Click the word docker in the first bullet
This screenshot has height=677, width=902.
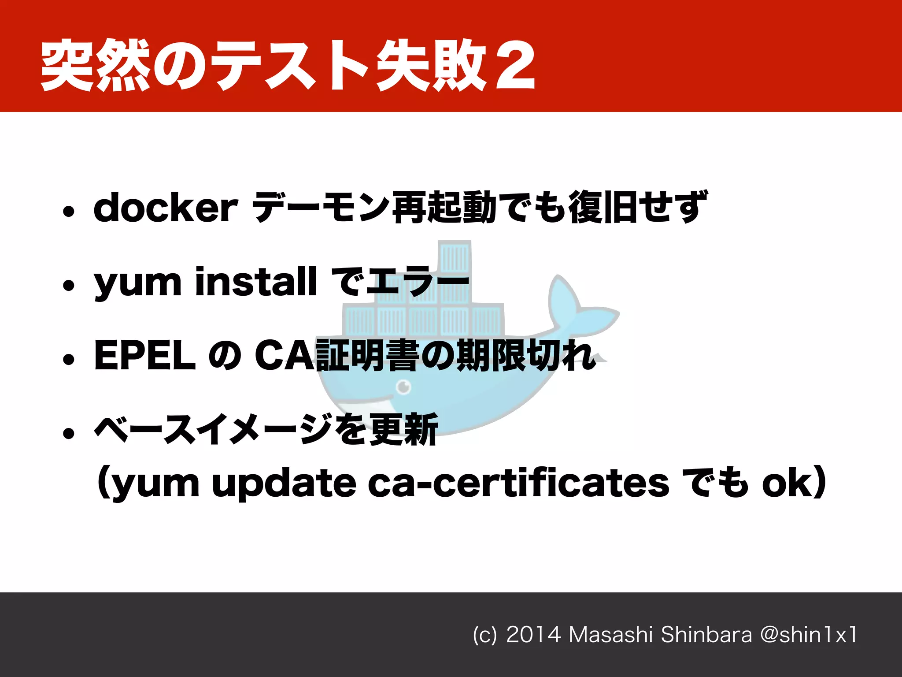[x=166, y=207]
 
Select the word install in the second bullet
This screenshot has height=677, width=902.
[x=255, y=281]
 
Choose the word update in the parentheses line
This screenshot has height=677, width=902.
[x=284, y=484]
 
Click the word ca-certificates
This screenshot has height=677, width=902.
[x=518, y=483]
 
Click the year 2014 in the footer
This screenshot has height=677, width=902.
[x=533, y=635]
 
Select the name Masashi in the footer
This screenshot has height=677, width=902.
[x=610, y=635]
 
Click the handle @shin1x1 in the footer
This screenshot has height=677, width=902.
[x=809, y=635]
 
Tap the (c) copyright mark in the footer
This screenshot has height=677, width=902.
[x=484, y=635]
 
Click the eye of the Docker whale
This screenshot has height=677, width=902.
[x=403, y=387]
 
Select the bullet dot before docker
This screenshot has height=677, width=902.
[x=68, y=212]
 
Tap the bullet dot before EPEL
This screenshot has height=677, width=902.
[x=68, y=360]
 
